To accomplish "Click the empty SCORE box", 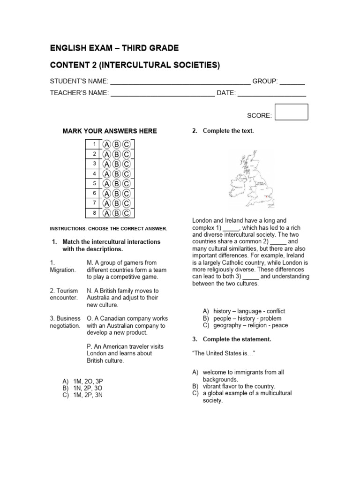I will [291, 112].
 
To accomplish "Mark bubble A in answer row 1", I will [107, 144].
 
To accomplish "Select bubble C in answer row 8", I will [126, 213].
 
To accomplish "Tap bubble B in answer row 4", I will [117, 173].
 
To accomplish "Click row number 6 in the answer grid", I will [94, 193].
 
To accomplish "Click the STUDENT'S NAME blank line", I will [180, 82].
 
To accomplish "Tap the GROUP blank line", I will [292, 82].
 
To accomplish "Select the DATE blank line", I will [271, 93].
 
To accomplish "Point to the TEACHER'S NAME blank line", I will [162, 93].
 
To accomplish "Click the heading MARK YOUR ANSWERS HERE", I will [110, 131].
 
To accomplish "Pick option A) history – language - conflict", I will [244, 311].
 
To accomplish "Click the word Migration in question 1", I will [62, 270].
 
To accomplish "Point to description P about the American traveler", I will [125, 353].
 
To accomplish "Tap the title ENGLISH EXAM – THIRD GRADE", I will [114, 48].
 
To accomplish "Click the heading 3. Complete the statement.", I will [232, 339].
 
